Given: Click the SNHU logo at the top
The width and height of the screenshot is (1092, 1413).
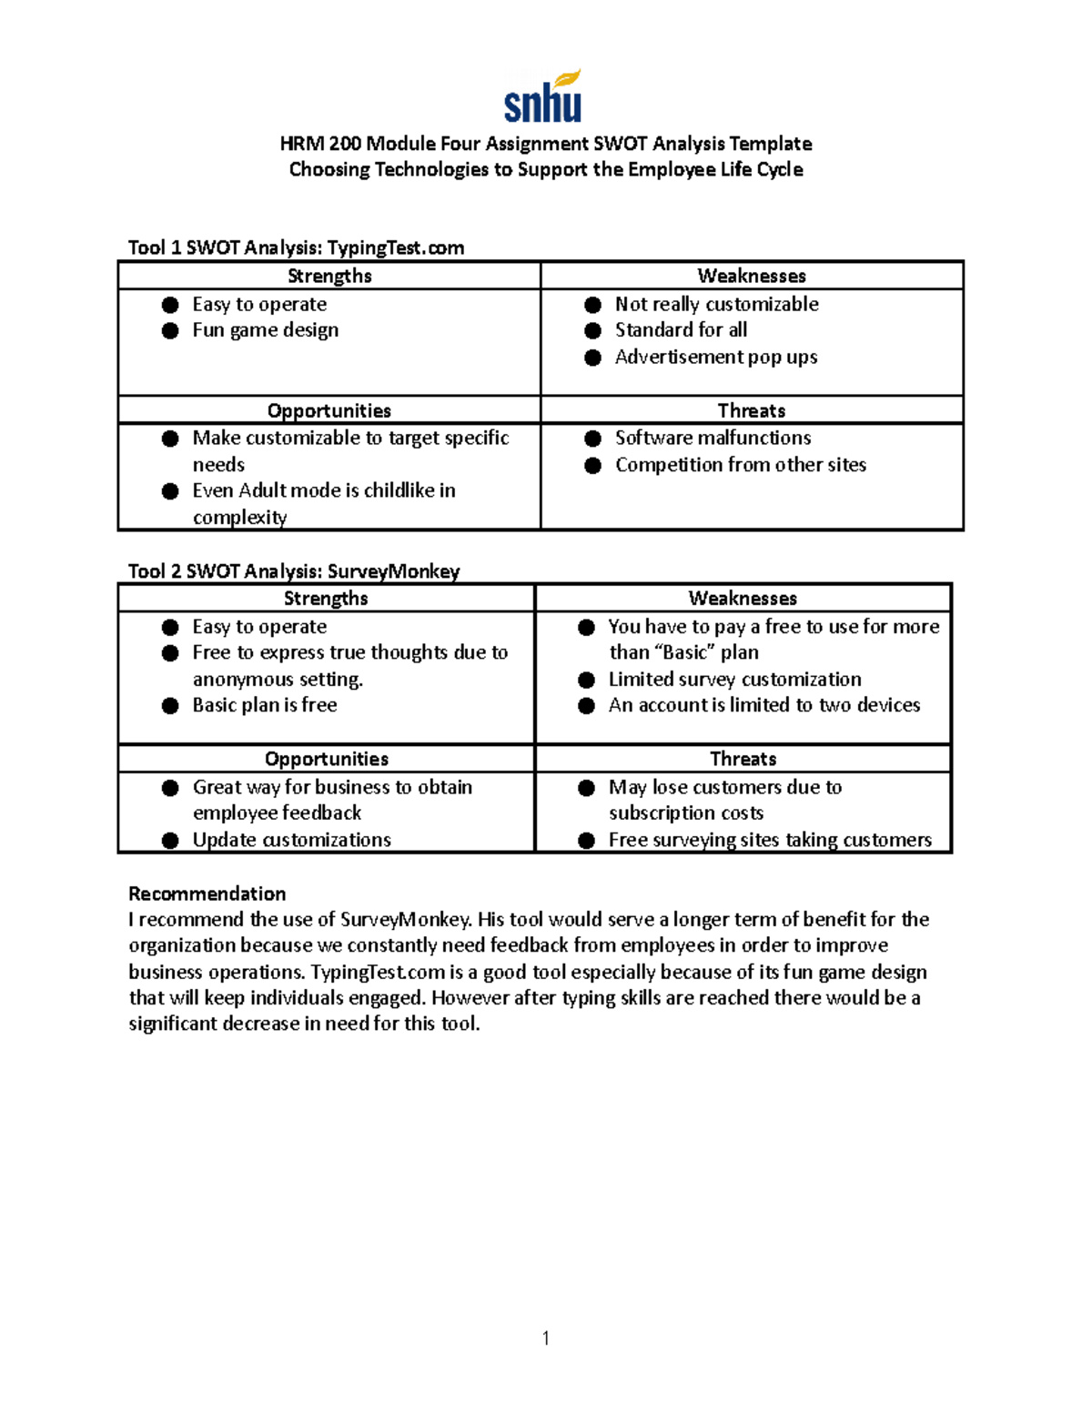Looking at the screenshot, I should point(543,96).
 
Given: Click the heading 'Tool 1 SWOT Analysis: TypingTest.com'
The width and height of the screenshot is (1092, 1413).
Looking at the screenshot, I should point(296,247).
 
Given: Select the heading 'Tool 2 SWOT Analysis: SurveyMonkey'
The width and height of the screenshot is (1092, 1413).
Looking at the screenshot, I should point(293,570).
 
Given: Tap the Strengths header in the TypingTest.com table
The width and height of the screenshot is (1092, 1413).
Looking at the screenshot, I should point(329,276).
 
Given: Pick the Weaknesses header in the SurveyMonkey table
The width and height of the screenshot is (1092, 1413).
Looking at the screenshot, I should point(743,598).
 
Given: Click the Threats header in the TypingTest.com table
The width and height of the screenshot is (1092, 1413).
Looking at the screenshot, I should point(751,410).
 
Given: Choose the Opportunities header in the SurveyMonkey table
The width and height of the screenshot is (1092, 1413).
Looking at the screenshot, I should point(326,759).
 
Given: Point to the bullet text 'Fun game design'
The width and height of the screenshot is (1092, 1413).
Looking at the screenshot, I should point(265,330).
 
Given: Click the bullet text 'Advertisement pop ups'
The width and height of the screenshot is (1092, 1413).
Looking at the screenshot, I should point(715,357).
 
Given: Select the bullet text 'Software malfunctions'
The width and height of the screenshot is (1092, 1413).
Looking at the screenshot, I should point(713,438).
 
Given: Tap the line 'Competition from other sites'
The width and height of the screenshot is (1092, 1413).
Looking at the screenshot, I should point(740,465).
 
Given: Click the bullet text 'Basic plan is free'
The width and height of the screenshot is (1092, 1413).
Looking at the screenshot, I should point(264,705).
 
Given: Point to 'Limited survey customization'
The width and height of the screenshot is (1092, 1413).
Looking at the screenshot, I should point(734,680).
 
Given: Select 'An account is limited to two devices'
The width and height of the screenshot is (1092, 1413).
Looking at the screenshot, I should point(763,705).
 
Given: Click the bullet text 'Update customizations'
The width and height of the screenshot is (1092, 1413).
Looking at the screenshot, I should point(291,840).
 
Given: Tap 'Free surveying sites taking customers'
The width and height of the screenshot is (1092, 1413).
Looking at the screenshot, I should point(770,840).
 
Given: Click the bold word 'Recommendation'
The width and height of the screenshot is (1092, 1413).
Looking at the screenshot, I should point(207,893).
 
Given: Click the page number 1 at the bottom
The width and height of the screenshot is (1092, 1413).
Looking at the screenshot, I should point(545,1337).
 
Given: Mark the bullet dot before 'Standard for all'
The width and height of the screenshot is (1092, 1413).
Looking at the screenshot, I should point(592,330).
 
